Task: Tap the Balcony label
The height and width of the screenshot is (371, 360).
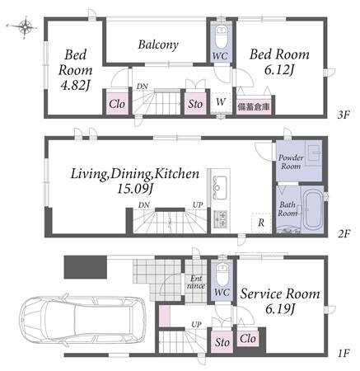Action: pyautogui.click(x=158, y=45)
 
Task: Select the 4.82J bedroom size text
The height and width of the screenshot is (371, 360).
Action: pyautogui.click(x=75, y=86)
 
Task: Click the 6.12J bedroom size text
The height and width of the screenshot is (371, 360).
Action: pyautogui.click(x=279, y=70)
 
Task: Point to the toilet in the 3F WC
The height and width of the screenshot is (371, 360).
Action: pyautogui.click(x=221, y=37)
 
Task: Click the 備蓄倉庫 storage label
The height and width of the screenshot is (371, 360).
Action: pyautogui.click(x=254, y=107)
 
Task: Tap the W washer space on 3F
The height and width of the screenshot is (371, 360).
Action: pyautogui.click(x=221, y=102)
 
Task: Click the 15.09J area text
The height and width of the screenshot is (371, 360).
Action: pyautogui.click(x=135, y=188)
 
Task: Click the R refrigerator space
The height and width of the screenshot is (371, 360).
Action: pyautogui.click(x=261, y=223)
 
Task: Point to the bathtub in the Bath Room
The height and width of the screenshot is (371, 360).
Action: pyautogui.click(x=313, y=209)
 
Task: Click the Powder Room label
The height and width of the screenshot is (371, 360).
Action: pyautogui.click(x=291, y=162)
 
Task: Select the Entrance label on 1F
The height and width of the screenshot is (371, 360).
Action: pyautogui.click(x=196, y=282)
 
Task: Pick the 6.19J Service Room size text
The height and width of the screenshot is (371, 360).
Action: pyautogui.click(x=280, y=310)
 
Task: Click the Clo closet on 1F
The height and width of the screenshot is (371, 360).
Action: pyautogui.click(x=247, y=339)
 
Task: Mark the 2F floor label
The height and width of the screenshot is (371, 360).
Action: pyautogui.click(x=344, y=234)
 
